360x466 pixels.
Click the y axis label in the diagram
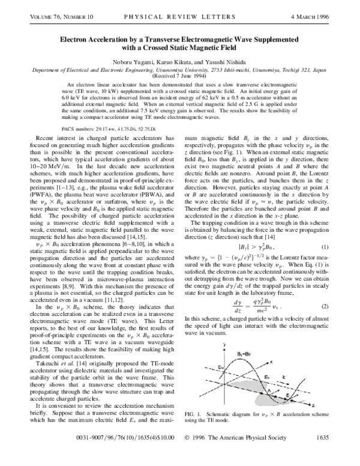pyautogui.click(x=223, y=343)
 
